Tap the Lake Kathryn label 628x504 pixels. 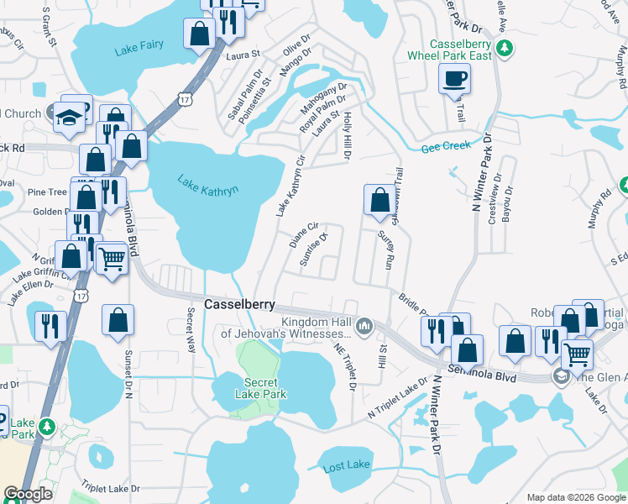coord(207,184)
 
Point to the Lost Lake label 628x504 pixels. coord(346,465)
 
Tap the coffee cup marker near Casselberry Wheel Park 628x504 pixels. coord(454,79)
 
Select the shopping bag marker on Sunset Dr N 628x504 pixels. coord(118,319)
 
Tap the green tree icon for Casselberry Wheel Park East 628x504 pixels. coord(505,50)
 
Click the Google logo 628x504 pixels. coord(28,494)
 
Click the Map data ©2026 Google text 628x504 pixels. coord(576,497)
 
